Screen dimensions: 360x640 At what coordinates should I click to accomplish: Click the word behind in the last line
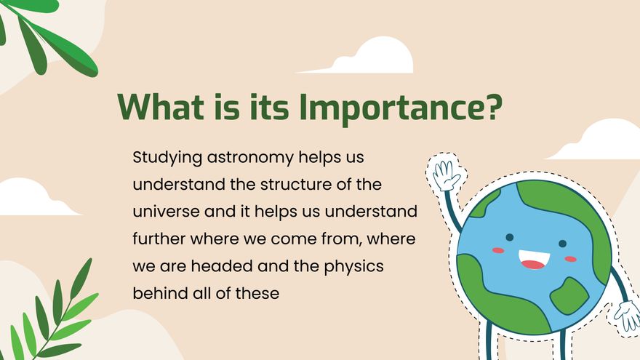point(155,293)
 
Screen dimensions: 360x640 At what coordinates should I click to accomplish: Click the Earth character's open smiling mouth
point(533,260)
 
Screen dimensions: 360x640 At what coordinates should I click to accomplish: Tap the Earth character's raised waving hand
point(445,175)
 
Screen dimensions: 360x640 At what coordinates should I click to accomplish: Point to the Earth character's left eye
point(510,237)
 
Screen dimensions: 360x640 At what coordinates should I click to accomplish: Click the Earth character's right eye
point(562,244)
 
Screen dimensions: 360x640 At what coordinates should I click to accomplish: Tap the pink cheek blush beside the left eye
point(498,250)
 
